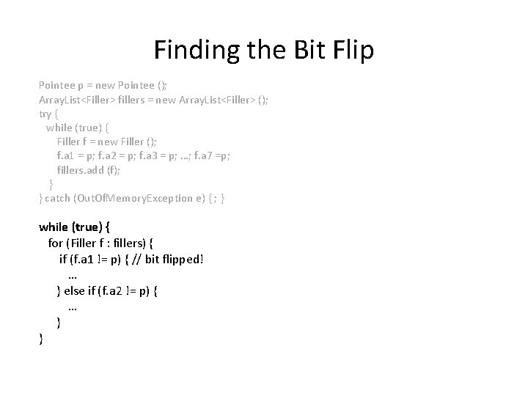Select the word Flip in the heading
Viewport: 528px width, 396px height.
351,50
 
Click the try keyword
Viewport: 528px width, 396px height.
45,114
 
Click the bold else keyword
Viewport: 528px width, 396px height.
77,292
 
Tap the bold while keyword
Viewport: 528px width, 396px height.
55,227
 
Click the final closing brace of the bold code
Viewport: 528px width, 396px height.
41,338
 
